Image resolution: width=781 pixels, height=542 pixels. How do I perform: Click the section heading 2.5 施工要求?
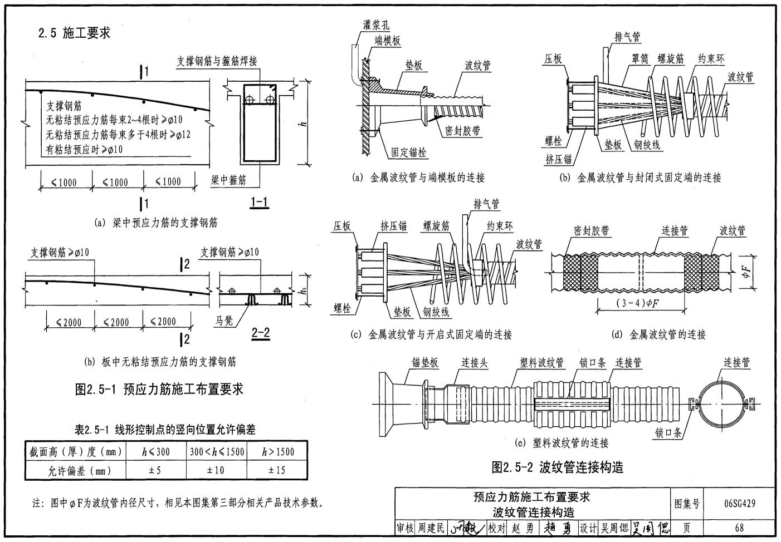click(74, 33)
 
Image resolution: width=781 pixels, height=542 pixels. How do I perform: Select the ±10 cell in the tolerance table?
click(216, 470)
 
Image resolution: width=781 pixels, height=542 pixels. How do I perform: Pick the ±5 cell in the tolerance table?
click(155, 470)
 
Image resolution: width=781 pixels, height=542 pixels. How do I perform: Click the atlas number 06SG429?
click(740, 504)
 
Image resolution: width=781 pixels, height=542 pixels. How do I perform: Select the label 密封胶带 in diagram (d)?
click(591, 231)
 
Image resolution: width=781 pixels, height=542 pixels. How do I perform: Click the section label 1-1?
click(259, 203)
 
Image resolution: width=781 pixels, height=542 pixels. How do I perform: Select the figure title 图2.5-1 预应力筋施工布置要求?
click(159, 389)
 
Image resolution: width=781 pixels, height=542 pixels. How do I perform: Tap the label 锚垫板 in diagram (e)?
click(425, 363)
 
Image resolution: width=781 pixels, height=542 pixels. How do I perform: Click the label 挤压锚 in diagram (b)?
click(558, 159)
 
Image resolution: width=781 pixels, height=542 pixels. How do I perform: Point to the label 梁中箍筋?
click(228, 180)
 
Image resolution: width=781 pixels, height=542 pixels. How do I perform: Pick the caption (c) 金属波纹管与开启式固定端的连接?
click(431, 334)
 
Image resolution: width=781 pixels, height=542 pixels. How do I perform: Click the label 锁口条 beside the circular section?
click(668, 432)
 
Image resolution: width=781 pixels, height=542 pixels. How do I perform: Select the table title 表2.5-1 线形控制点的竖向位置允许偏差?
click(165, 430)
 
